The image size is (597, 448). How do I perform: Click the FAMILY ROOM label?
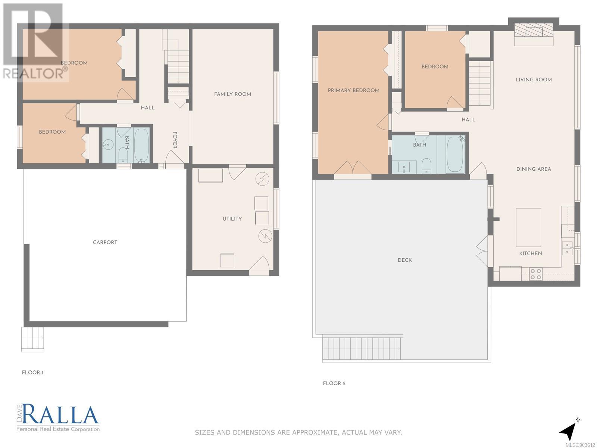(232, 94)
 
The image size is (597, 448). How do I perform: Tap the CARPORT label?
(105, 242)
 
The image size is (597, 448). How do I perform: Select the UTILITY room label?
(232, 219)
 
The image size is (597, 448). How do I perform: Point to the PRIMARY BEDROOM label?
(354, 90)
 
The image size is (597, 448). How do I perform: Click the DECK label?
(405, 260)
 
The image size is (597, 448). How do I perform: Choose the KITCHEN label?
(531, 253)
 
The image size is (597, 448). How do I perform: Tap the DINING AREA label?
(534, 169)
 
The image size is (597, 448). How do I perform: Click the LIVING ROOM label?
(534, 80)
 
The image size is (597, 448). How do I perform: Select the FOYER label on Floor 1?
(175, 140)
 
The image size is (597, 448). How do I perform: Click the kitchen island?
(528, 227)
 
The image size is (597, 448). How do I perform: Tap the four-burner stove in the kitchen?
(535, 274)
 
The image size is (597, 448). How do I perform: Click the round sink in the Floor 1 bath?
(109, 144)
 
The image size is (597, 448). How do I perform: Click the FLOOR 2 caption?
(334, 383)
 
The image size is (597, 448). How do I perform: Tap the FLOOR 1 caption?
(32, 372)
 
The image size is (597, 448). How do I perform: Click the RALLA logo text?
(60, 414)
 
